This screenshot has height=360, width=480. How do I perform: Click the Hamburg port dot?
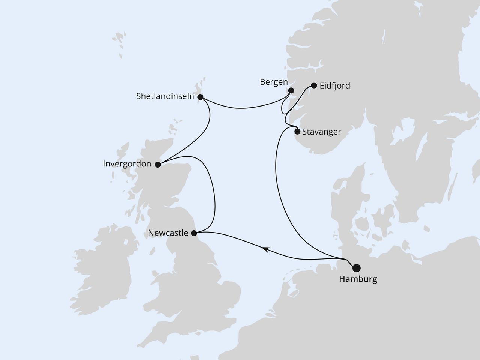(356, 267)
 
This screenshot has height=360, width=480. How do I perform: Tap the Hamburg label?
(358, 279)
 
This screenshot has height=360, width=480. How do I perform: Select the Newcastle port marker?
(194, 233)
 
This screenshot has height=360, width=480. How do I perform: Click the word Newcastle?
(168, 233)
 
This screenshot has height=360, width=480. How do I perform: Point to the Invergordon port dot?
(157, 164)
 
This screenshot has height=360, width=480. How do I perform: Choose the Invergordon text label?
(127, 164)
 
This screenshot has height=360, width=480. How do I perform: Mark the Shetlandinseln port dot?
(200, 97)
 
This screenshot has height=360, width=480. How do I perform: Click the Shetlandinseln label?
(165, 96)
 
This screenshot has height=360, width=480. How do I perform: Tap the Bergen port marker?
(291, 90)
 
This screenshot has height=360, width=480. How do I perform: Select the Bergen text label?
(274, 82)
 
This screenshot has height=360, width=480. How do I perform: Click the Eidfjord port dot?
(314, 85)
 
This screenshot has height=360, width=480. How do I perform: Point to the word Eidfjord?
(335, 85)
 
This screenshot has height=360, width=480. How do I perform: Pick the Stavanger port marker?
(297, 132)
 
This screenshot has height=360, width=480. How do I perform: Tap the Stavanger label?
(321, 132)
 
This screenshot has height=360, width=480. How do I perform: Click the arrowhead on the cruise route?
(265, 248)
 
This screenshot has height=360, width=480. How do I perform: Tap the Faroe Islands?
(119, 41)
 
